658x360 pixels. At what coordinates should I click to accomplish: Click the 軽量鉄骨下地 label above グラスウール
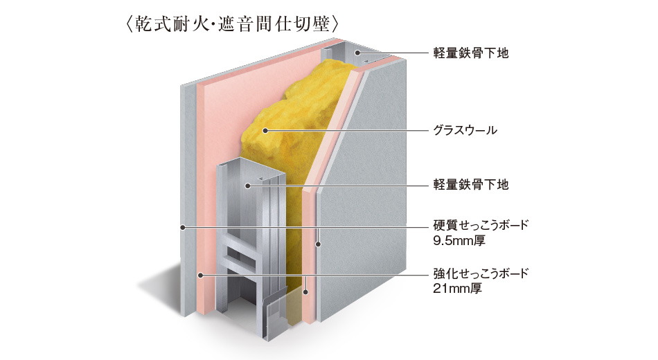[x=471, y=53]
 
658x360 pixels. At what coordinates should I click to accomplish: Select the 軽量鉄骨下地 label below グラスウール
[x=471, y=185]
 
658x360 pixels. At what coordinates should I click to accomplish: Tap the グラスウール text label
[x=465, y=130]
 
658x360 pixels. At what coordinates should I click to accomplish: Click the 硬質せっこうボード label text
[x=481, y=225]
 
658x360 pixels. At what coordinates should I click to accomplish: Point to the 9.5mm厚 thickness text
[x=459, y=241]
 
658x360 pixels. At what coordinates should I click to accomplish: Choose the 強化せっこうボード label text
[x=481, y=273]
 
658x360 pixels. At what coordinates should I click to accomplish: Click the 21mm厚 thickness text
[x=457, y=289]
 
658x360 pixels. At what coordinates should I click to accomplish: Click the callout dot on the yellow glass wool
[x=265, y=130]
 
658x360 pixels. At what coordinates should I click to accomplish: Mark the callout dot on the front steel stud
[x=247, y=185]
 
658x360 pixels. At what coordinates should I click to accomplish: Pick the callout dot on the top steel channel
[x=357, y=53]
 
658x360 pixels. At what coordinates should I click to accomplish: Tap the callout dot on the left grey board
[x=183, y=227]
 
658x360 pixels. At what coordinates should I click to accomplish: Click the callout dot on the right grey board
[x=318, y=244]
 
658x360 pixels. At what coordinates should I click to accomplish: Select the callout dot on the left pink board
[x=201, y=276]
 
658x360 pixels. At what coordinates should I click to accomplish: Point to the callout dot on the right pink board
[x=306, y=291]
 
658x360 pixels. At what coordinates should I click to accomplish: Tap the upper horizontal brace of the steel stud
[x=239, y=242]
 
